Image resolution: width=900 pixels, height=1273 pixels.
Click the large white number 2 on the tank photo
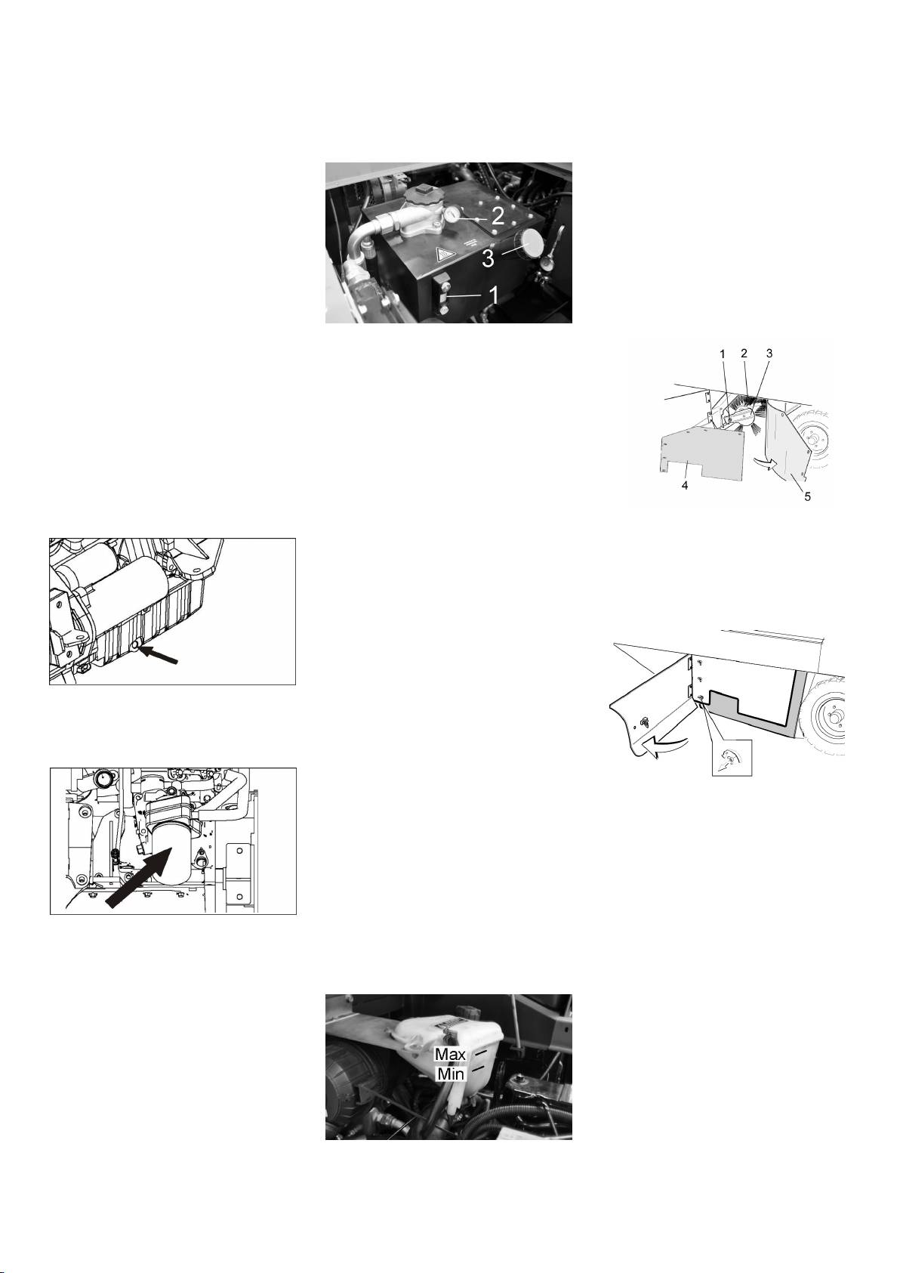point(498,216)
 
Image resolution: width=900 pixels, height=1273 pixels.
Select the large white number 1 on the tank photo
point(494,295)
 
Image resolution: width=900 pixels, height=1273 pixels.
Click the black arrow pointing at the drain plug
point(159,653)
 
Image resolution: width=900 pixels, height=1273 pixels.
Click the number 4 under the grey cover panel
point(686,487)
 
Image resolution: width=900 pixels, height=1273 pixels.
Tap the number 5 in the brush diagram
point(807,496)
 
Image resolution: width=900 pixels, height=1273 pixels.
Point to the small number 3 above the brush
point(769,353)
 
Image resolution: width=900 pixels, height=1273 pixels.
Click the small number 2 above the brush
point(744,353)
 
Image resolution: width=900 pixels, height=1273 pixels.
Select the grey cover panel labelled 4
point(702,453)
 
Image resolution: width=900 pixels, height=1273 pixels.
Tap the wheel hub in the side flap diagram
point(831,718)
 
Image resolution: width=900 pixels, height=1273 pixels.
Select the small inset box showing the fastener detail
point(732,758)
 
